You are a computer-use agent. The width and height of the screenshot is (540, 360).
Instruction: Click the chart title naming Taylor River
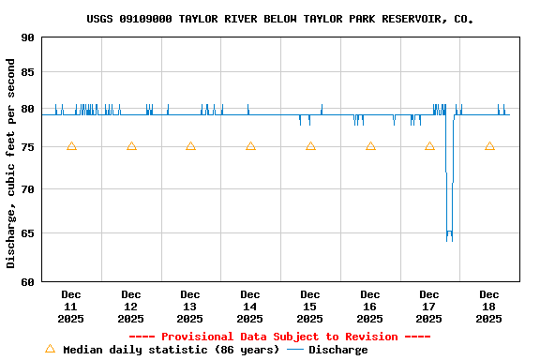279,19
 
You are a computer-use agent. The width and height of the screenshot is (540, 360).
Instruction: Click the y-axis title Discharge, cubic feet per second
10,163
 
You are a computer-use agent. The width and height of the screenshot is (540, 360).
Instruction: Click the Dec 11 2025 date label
71,307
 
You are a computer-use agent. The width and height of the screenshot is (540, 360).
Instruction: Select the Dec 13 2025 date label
190,307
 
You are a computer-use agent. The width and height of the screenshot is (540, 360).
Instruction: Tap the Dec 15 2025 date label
310,307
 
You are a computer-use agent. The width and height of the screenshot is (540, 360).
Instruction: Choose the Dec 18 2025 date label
489,307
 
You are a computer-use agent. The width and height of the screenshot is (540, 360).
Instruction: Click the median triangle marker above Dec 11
71,146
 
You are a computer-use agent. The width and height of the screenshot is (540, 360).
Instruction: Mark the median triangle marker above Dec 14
250,146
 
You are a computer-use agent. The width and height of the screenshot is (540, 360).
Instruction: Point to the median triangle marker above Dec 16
370,146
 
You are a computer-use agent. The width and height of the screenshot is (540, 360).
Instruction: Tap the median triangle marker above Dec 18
489,146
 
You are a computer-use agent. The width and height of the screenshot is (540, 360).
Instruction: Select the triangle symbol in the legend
50,349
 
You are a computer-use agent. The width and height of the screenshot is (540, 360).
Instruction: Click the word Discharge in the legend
338,350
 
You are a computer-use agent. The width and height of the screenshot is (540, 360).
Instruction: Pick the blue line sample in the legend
295,350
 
